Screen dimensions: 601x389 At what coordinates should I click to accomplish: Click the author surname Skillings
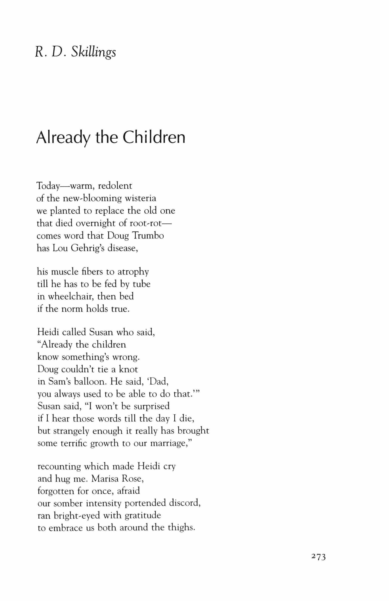tap(93, 52)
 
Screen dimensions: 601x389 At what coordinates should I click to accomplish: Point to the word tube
tap(142, 284)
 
